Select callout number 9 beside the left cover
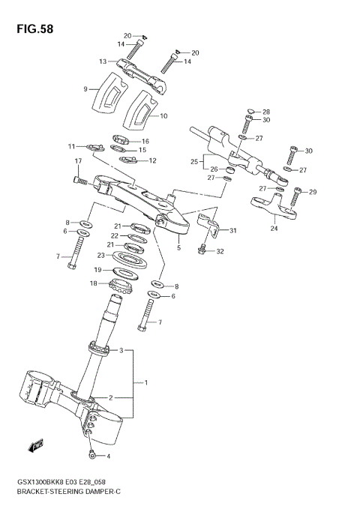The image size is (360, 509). coord(85,88)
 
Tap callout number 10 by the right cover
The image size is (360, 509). coord(163,116)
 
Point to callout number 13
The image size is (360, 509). coord(102,61)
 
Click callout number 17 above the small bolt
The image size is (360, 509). coord(77,161)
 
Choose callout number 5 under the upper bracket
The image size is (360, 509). coord(178,247)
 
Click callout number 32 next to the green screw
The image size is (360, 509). coord(220,251)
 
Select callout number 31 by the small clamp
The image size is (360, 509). coord(232,230)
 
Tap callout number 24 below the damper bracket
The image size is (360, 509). coord(274,229)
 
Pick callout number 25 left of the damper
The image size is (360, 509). coord(193,161)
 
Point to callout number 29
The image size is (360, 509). coord(313,192)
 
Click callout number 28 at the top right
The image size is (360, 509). coord(265,111)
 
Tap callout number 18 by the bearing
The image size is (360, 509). coord(94,283)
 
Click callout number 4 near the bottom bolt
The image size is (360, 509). coord(107,456)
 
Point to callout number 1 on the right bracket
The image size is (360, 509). coord(145,383)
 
